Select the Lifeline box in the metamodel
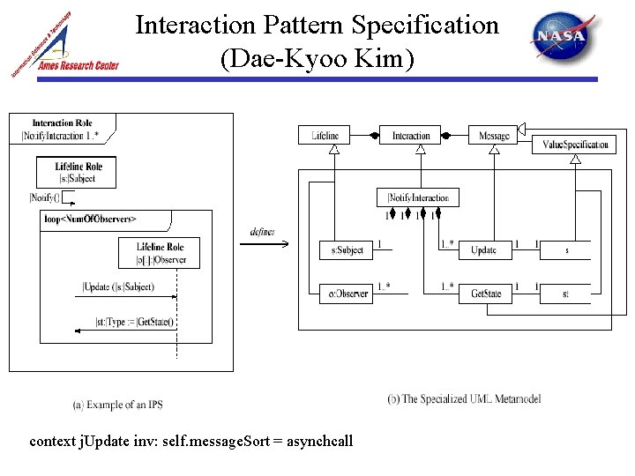325,136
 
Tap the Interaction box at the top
410,136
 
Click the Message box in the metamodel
494,136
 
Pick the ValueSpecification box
575,145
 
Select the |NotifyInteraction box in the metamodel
418,197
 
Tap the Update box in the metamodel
484,250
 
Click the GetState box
486,294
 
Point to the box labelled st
565,294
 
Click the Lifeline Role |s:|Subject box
78,172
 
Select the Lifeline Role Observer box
160,253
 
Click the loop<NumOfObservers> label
90,218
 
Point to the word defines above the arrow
262,232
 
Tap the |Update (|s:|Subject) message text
118,286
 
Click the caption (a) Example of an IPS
117,405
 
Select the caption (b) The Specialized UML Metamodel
464,399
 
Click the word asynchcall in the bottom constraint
319,440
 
